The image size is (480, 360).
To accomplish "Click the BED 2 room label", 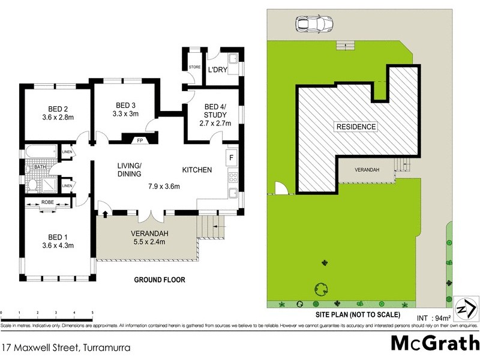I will click(x=59, y=109).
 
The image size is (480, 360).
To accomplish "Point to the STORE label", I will click(x=194, y=67).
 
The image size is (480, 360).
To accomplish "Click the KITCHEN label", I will click(x=197, y=170).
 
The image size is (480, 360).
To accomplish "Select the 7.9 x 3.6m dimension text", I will click(x=164, y=186).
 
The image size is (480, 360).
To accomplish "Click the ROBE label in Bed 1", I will click(x=48, y=203).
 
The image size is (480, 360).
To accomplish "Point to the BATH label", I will click(x=40, y=167).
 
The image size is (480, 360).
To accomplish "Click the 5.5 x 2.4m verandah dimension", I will click(x=148, y=243).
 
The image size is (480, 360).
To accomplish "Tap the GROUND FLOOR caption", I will click(x=159, y=280).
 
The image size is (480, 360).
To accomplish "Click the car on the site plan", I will click(x=310, y=25).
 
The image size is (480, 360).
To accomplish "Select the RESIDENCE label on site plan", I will click(x=356, y=127).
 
